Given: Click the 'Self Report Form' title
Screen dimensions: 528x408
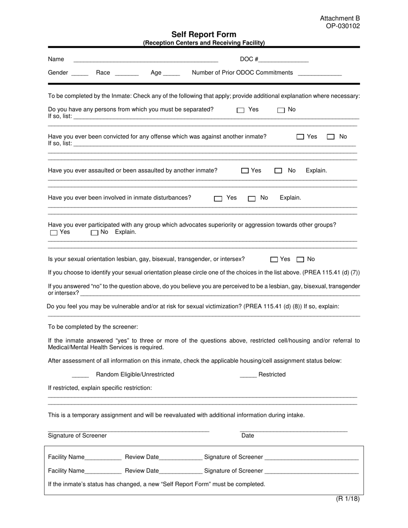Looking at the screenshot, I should coord(204,34).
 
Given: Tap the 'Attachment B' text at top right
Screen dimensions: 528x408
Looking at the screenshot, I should coord(340,18).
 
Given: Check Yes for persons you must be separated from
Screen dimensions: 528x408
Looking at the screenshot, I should coord(241,110).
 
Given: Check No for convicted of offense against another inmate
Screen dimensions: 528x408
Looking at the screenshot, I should coord(331,137).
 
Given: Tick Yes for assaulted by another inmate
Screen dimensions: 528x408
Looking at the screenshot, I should coord(245,171).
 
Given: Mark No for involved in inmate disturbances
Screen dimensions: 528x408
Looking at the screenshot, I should coord(252,198).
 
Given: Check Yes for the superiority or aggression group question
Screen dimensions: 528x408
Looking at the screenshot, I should coord(54,233).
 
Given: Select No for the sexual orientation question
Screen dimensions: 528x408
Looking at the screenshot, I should coord(301,259).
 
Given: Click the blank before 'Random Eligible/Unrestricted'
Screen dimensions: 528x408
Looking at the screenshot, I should coord(80,375).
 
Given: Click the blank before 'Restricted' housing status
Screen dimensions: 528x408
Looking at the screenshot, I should coord(248,375).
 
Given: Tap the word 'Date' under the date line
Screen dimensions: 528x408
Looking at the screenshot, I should coord(248,436).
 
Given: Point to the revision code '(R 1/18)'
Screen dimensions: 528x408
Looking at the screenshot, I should coord(347,499).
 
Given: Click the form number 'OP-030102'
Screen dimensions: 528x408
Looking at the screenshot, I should coord(342,26).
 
